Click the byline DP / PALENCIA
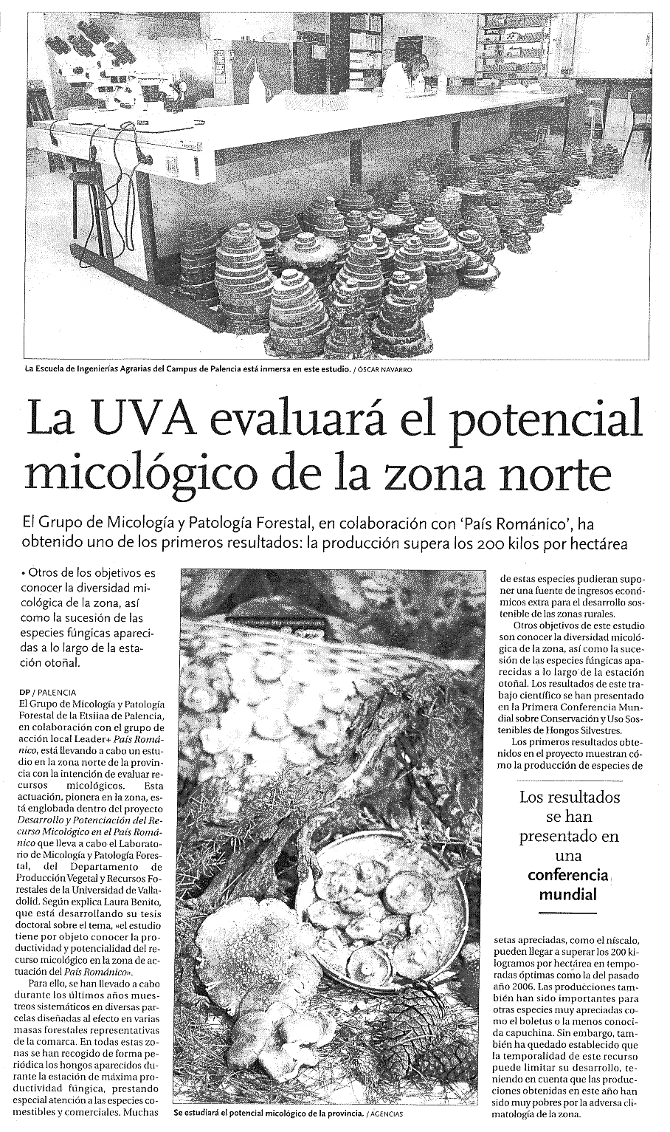[47, 692]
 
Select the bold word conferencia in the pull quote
[567, 875]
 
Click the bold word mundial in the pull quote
[567, 894]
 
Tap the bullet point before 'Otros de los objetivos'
[24, 573]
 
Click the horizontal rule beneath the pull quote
[567, 915]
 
